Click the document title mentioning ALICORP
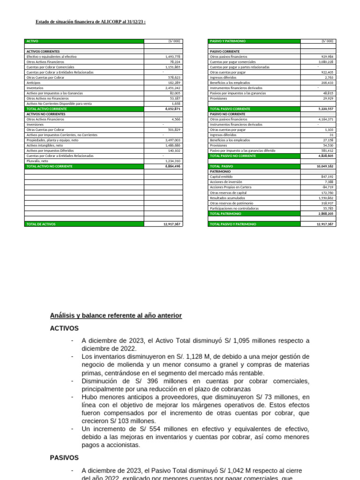click(90, 22)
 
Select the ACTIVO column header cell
click(33, 41)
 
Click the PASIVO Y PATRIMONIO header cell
click(227, 41)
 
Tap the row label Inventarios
click(35, 88)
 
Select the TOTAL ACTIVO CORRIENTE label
click(47, 109)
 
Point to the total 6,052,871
click(172, 109)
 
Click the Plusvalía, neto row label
click(37, 161)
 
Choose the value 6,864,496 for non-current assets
click(172, 166)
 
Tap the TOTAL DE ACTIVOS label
click(41, 224)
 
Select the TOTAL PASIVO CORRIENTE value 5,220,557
click(324, 109)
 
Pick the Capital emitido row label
click(221, 177)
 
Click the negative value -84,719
click(327, 187)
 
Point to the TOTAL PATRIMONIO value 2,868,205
click(324, 213)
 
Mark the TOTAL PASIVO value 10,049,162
click(324, 166)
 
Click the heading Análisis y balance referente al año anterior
click(116, 316)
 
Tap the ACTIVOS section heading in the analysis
click(64, 329)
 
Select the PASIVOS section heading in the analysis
click(64, 457)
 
